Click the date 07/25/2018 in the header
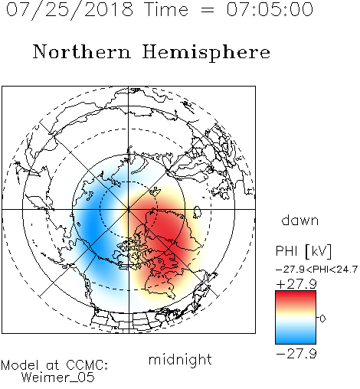click(x=70, y=10)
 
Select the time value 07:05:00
click(x=270, y=9)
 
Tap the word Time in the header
click(x=166, y=9)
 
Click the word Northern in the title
click(x=82, y=51)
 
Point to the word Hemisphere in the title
click(x=206, y=53)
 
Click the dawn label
click(x=300, y=220)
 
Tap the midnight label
click(x=180, y=360)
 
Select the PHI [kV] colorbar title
click(x=303, y=251)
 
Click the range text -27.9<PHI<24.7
click(x=316, y=270)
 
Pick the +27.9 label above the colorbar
click(x=296, y=284)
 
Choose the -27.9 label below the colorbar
click(x=296, y=354)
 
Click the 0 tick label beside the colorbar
click(x=322, y=319)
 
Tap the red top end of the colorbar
click(x=296, y=293)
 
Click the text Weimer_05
click(x=58, y=378)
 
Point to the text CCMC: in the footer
click(x=87, y=365)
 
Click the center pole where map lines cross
click(x=129, y=209)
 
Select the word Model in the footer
click(x=20, y=365)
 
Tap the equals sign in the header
click(x=208, y=10)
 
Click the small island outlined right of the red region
click(x=197, y=212)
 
